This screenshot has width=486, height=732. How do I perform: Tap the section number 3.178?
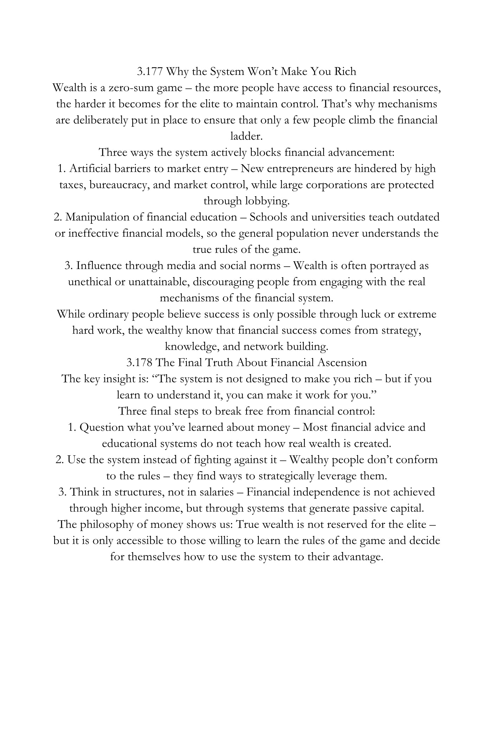[139, 363]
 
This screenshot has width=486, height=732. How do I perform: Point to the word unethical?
[90, 282]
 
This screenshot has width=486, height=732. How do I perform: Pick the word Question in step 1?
[102, 428]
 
